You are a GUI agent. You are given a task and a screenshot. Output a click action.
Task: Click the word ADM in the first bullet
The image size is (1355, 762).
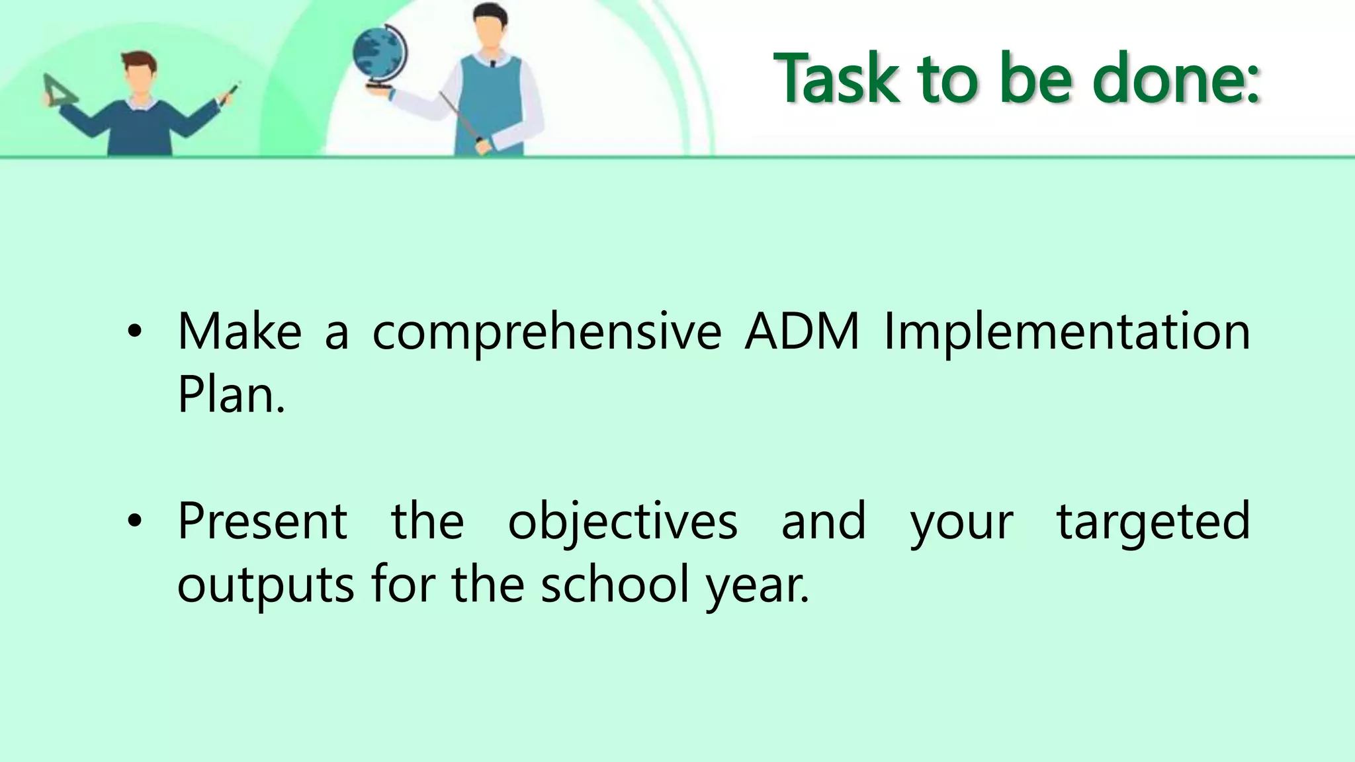pos(802,331)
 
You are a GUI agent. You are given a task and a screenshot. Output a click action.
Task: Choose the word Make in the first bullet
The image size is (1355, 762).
pos(240,331)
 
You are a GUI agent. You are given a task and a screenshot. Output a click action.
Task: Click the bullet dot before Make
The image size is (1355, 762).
pos(135,333)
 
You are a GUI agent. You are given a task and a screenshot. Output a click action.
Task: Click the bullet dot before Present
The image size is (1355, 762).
pos(135,522)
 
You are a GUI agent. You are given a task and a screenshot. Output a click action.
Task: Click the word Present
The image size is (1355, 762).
pos(262,521)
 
